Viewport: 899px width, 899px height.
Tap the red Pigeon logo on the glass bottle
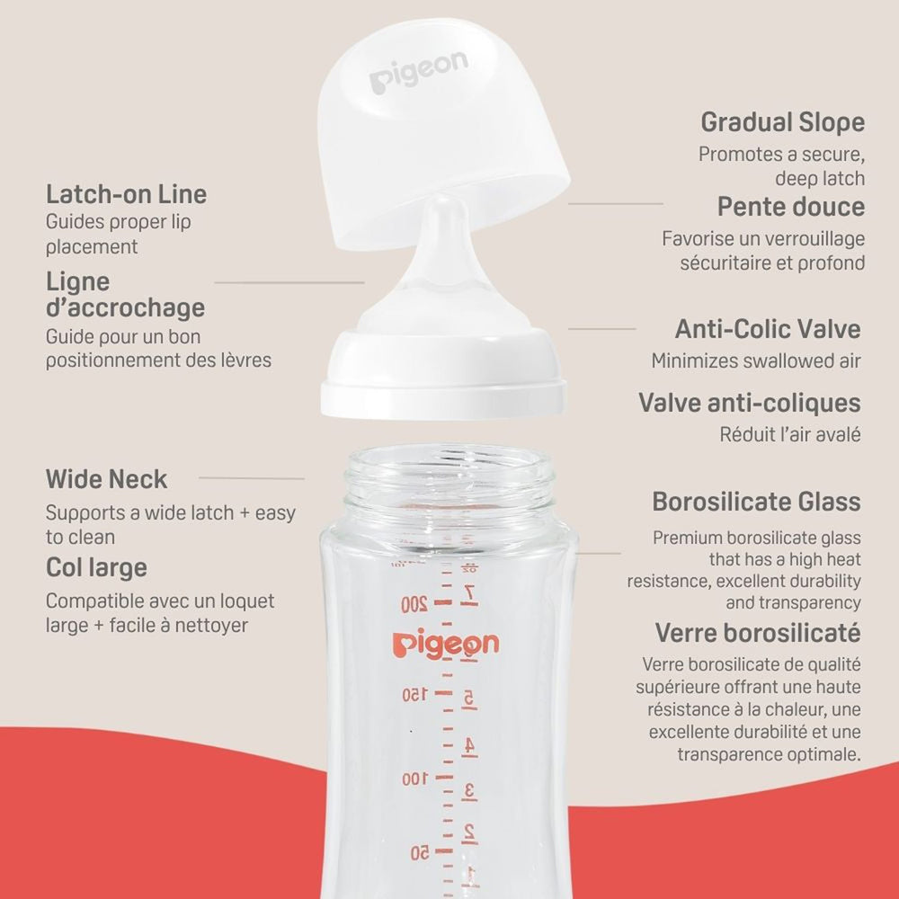click(446, 644)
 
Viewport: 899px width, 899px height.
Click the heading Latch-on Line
click(126, 194)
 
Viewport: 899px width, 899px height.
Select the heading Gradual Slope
click(783, 122)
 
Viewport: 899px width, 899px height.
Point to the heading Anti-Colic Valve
click(768, 329)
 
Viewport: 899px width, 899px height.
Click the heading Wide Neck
click(107, 479)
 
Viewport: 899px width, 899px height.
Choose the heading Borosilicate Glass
click(756, 502)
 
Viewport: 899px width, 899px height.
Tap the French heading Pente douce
click(791, 207)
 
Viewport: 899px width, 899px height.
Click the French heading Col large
click(96, 568)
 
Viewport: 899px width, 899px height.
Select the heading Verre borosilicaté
click(758, 633)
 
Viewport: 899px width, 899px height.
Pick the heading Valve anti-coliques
click(750, 403)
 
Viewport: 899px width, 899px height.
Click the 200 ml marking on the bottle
click(414, 604)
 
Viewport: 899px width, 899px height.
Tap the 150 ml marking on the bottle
click(414, 694)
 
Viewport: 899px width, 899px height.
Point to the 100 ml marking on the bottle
click(414, 779)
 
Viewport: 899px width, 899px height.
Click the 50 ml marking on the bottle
click(419, 852)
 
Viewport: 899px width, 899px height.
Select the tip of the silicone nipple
click(444, 201)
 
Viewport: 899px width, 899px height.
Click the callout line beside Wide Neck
click(252, 477)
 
